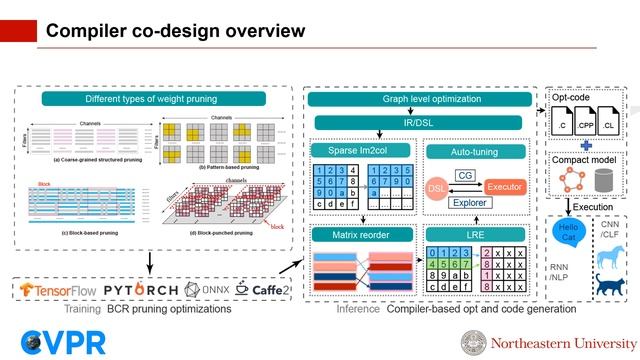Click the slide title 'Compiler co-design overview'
[176, 32]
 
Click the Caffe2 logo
[265, 289]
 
